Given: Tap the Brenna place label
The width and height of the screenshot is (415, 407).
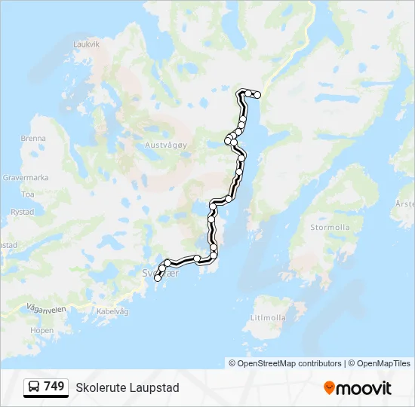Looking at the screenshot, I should pyautogui.click(x=33, y=139).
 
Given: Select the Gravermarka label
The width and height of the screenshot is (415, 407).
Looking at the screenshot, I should pyautogui.click(x=26, y=178).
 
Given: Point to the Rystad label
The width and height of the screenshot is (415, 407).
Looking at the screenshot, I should pyautogui.click(x=23, y=213).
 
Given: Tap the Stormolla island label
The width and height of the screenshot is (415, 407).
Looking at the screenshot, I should pyautogui.click(x=330, y=227).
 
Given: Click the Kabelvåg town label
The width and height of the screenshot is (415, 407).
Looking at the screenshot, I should pyautogui.click(x=113, y=311).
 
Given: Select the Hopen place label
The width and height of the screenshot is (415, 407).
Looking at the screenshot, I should pyautogui.click(x=42, y=330).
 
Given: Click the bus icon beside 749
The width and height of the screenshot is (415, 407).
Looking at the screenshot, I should pyautogui.click(x=34, y=387).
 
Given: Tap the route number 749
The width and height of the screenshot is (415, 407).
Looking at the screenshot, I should pyautogui.click(x=54, y=387).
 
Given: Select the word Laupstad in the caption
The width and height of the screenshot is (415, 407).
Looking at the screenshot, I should pyautogui.click(x=156, y=387).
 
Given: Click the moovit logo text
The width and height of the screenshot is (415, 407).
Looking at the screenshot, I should pyautogui.click(x=364, y=388).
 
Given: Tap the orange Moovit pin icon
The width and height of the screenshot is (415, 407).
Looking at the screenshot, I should pyautogui.click(x=329, y=388).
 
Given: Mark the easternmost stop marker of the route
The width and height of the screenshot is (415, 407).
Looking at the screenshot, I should pyautogui.click(x=257, y=95).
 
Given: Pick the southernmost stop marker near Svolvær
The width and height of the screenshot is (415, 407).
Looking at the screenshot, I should pyautogui.click(x=158, y=278).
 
